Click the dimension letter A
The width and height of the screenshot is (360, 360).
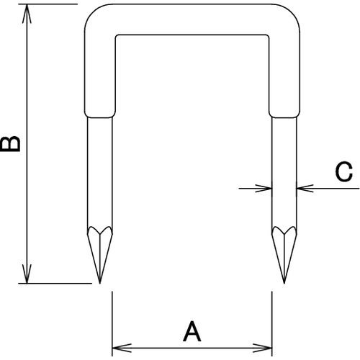[192, 332]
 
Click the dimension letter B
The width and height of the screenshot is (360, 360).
[10, 143]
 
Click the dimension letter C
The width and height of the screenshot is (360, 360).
[344, 171]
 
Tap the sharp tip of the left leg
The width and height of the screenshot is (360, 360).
[99, 283]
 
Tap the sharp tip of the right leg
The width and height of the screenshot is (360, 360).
[284, 283]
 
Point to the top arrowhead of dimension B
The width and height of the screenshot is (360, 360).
[27, 13]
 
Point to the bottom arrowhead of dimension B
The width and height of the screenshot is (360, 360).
[27, 274]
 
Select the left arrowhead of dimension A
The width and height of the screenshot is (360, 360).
[122, 348]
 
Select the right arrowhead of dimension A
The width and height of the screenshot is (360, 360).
[262, 348]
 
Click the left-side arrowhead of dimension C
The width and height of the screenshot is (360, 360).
[264, 189]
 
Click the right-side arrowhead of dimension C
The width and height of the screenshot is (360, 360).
[305, 189]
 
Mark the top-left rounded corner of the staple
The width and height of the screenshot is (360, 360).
[92, 12]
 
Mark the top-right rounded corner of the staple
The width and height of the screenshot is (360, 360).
[292, 12]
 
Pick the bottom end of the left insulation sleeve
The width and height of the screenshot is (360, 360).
[100, 117]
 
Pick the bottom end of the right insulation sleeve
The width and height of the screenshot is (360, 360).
[284, 117]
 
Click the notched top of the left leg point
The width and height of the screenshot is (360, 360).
[100, 233]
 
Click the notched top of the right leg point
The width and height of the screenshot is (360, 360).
[284, 233]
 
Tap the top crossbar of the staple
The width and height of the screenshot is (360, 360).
[192, 19]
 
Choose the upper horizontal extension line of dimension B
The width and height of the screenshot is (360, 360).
[48, 4]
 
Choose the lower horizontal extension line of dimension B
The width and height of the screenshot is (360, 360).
[55, 284]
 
